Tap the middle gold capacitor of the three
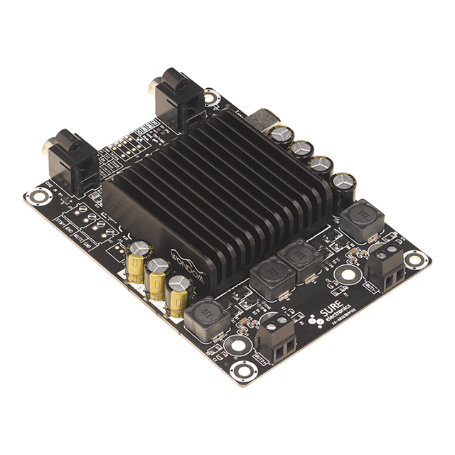pyautogui.click(x=157, y=277)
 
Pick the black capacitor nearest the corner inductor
pyautogui.click(x=344, y=182)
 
